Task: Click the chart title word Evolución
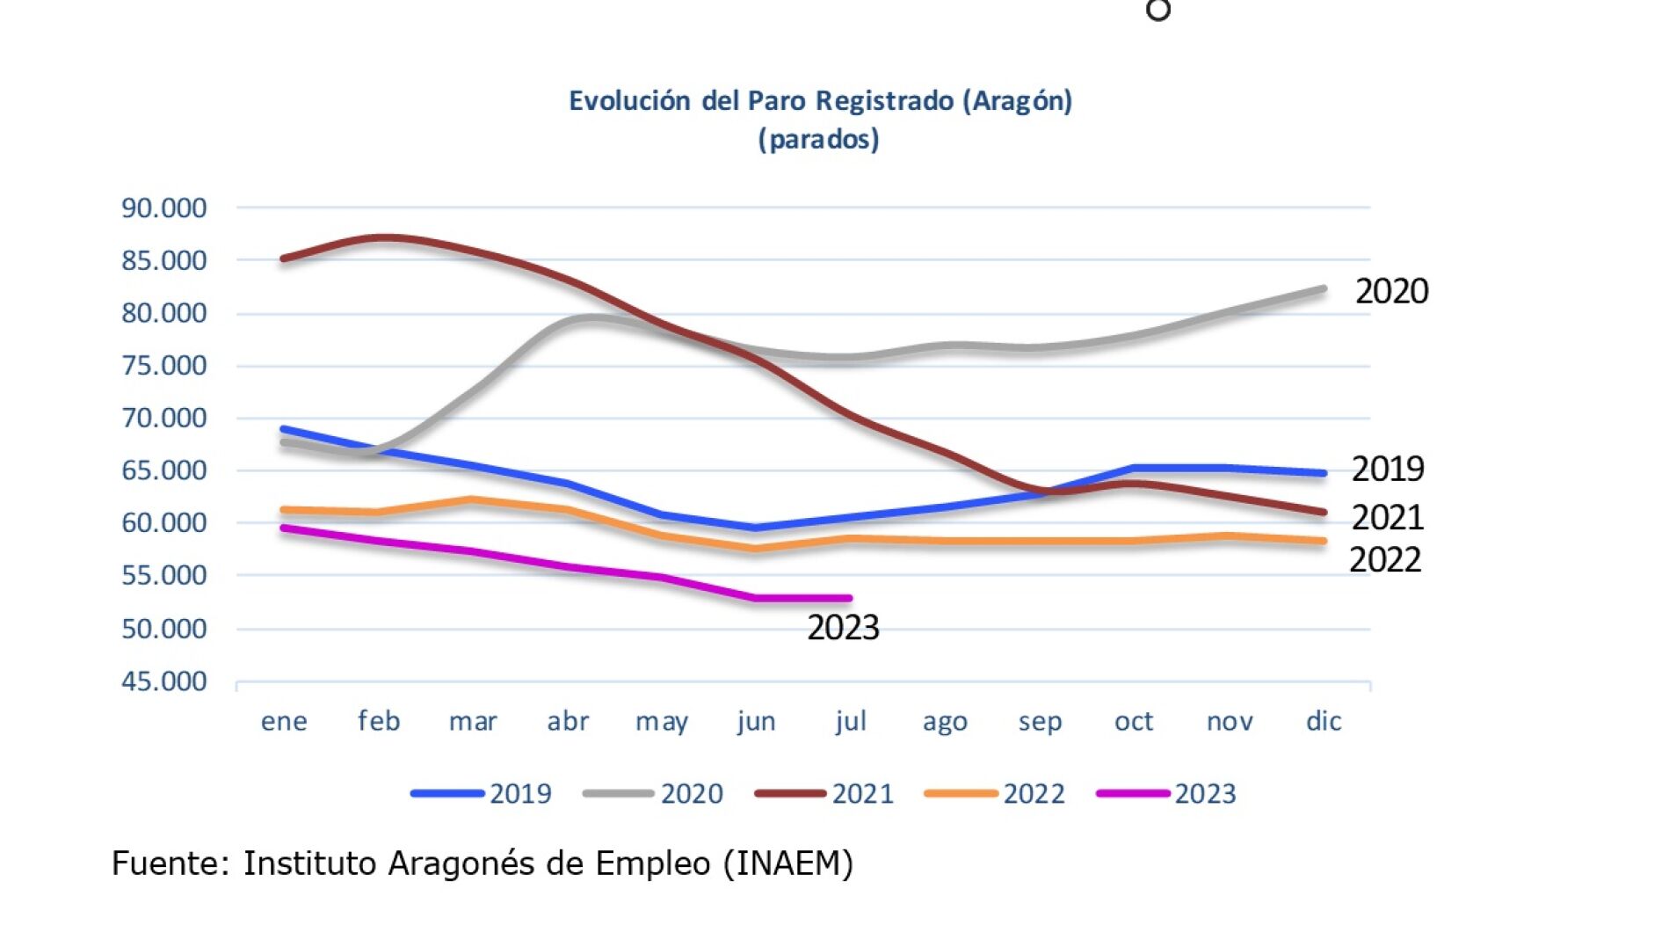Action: tap(629, 101)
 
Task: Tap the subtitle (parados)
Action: tap(818, 139)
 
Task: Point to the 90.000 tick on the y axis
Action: tap(163, 208)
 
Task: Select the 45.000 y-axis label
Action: tap(163, 681)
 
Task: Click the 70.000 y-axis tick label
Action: tap(163, 418)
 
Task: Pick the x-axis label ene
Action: tap(284, 722)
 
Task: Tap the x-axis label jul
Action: tap(851, 721)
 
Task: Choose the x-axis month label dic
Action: tap(1324, 721)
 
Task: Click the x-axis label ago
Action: tap(945, 723)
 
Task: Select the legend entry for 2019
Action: tap(481, 794)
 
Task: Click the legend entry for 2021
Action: tap(824, 794)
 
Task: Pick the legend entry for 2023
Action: tap(1166, 794)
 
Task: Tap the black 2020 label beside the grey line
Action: tap(1391, 291)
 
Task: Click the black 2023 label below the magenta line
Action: tap(843, 628)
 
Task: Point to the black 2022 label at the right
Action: tap(1385, 560)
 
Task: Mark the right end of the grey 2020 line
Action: tap(1324, 288)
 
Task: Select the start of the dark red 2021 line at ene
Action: tap(282, 259)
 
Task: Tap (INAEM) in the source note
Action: tap(788, 864)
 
